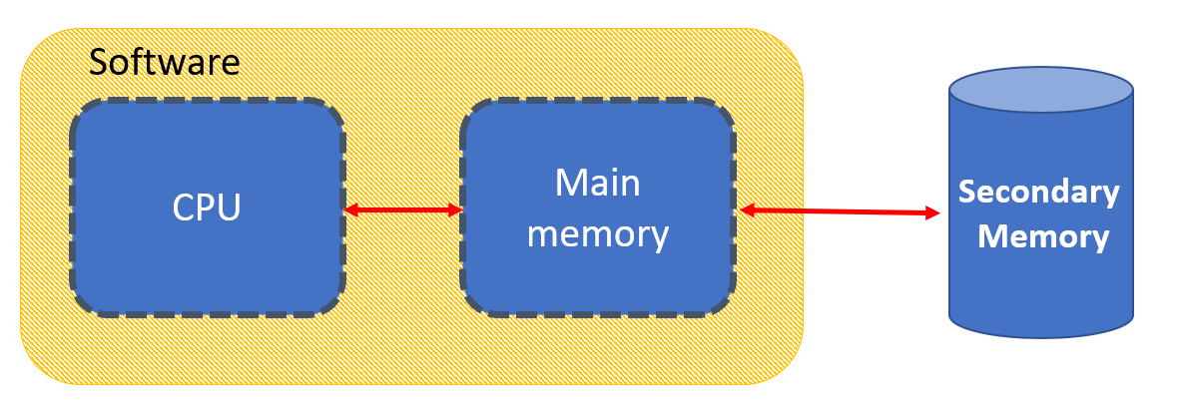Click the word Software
tap(165, 62)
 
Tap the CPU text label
tap(207, 208)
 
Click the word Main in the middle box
tap(597, 184)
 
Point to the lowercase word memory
tap(597, 235)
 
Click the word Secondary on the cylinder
tap(1039, 192)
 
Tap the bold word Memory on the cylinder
tap(1043, 237)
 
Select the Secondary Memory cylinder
tap(1041, 289)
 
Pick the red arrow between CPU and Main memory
tap(402, 209)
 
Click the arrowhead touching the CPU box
tap(350, 209)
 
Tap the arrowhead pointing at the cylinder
tap(933, 212)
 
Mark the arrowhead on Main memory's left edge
tap(454, 209)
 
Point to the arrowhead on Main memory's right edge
tap(747, 209)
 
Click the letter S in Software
tap(98, 62)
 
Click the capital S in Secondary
tap(967, 192)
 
